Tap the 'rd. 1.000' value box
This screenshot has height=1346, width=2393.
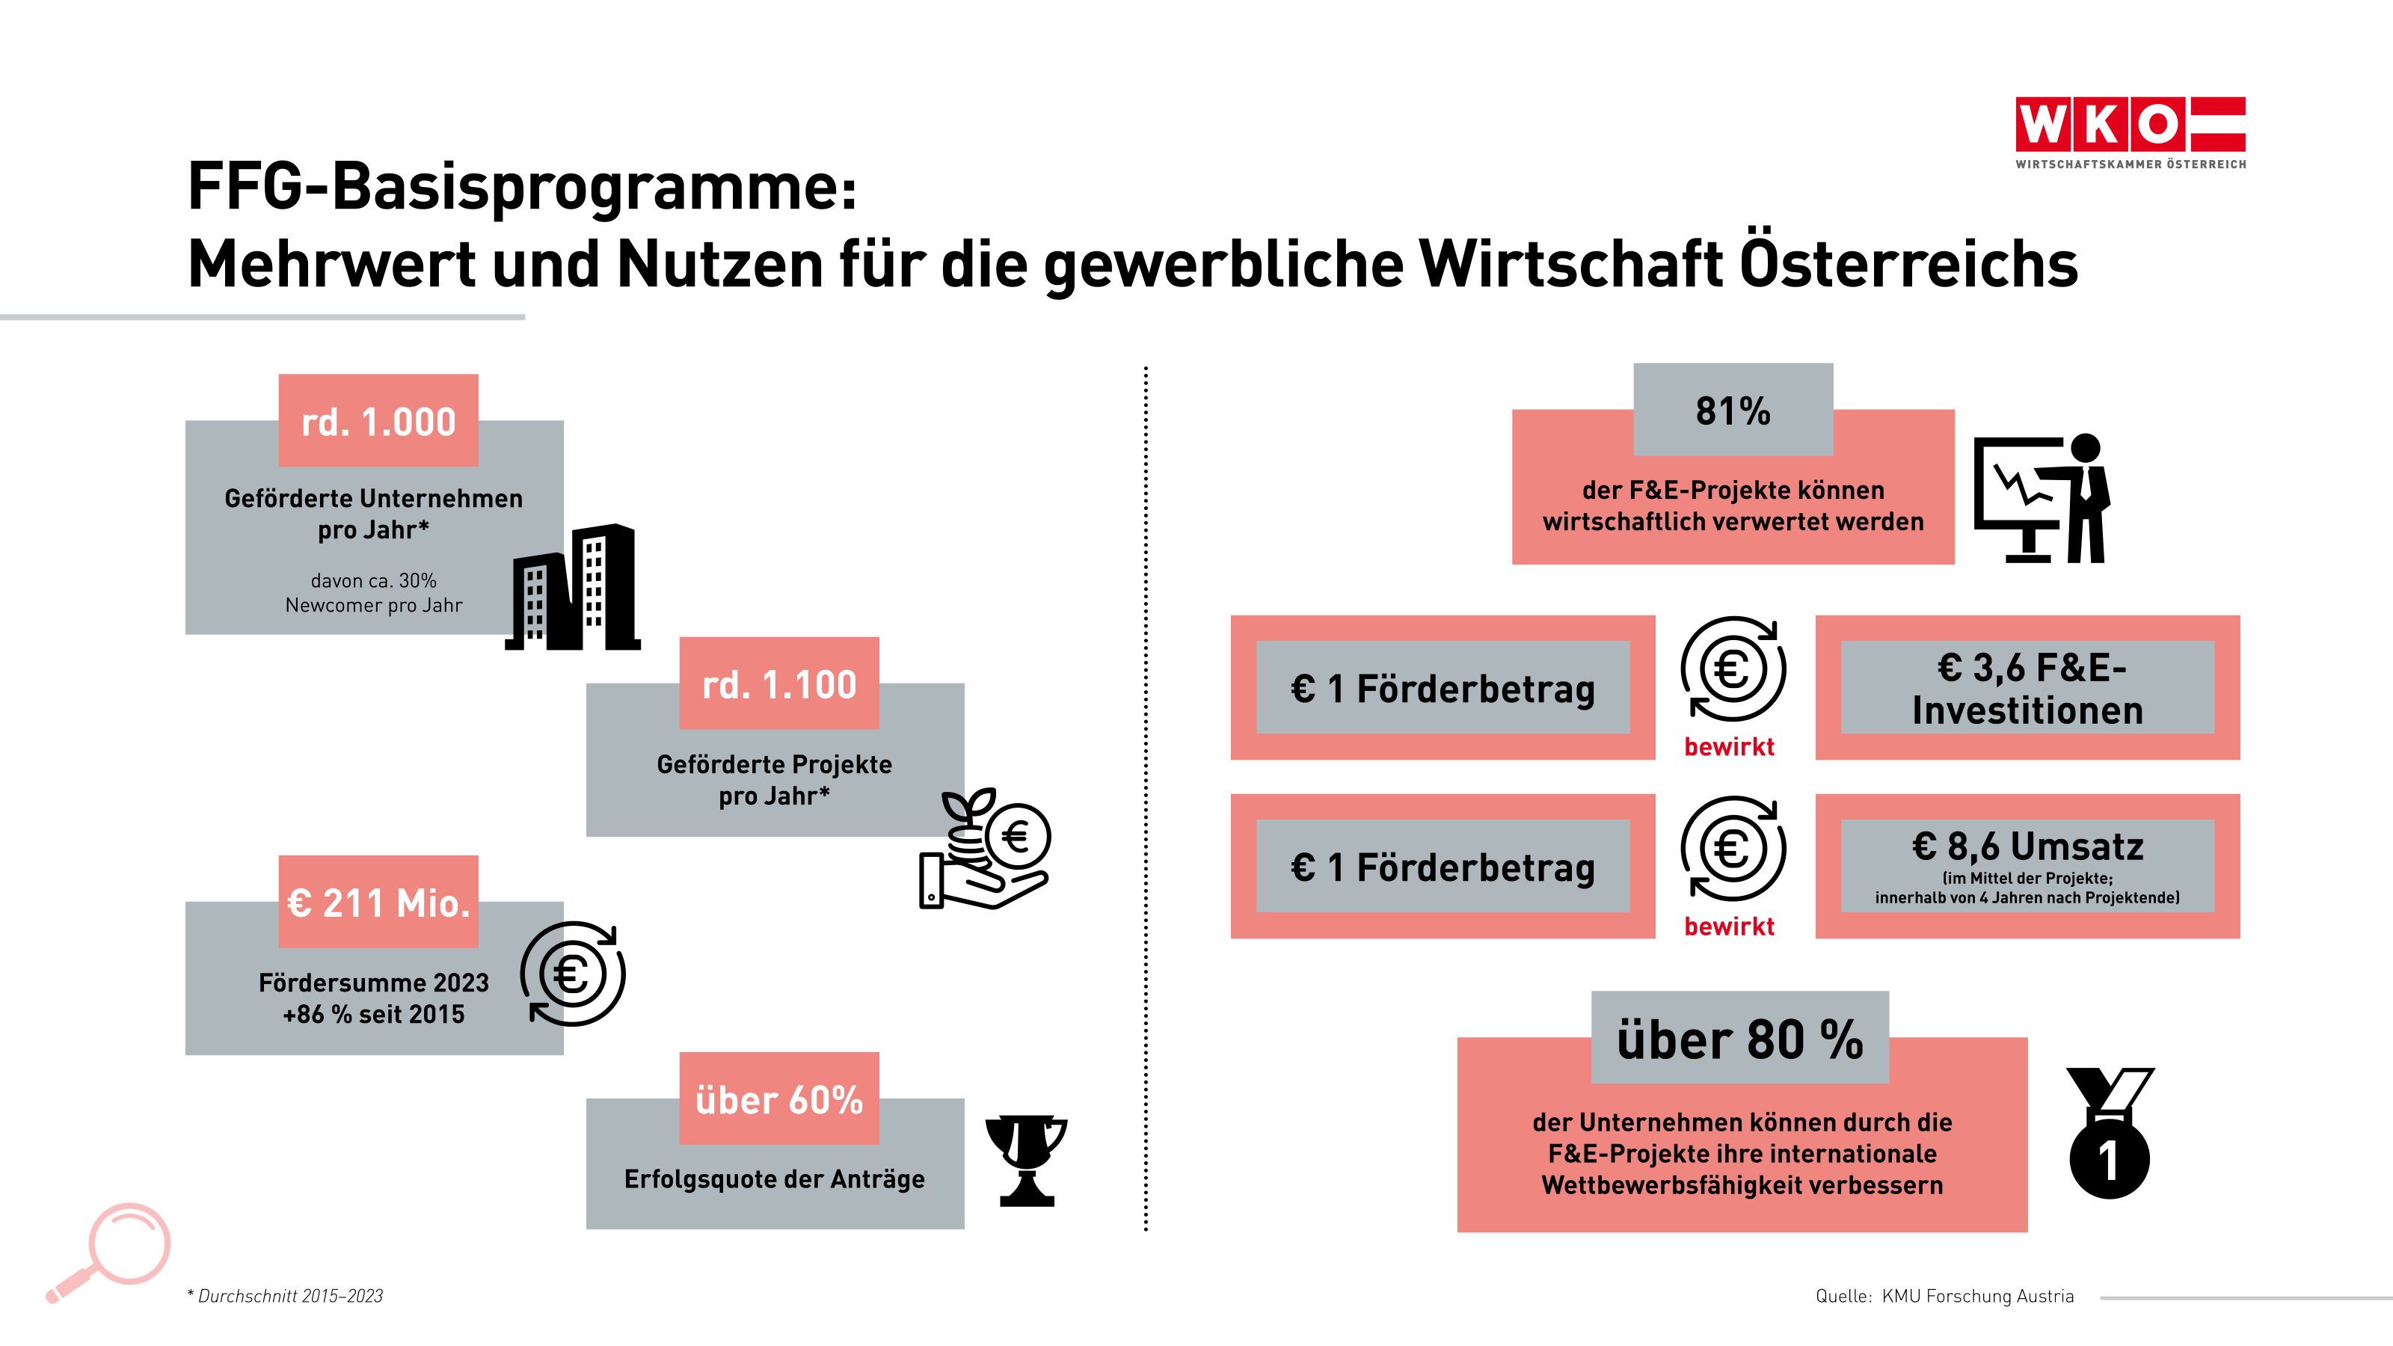tap(378, 422)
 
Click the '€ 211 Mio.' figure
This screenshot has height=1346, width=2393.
tap(378, 903)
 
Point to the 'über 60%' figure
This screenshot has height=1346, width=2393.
tap(778, 1100)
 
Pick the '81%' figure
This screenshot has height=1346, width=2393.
tap(1733, 411)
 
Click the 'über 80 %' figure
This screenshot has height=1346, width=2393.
tap(1739, 1039)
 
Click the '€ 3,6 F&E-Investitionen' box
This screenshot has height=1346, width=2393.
tap(2027, 688)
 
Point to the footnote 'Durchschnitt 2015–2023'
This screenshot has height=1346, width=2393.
tap(289, 1296)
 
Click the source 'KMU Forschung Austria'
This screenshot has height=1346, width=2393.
tap(1976, 1296)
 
